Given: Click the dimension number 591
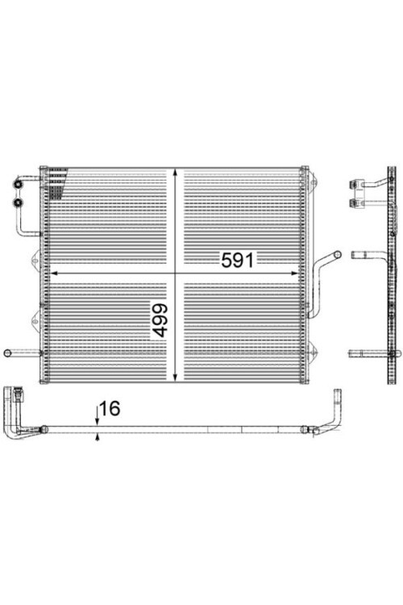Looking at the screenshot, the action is pos(238,260).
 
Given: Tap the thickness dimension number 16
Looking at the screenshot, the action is pos(110,409).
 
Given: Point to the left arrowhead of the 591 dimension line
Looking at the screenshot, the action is pos(54,273).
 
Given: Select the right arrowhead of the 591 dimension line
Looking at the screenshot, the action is pos(294,273).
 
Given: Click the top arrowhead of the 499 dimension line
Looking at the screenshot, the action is pos(175,173).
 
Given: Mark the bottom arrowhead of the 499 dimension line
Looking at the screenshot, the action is pos(175,377).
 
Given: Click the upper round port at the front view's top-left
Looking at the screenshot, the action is pos(18,185).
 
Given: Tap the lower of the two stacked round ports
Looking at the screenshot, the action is pos(18,202).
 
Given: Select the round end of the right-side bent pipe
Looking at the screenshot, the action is pos(337,254).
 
